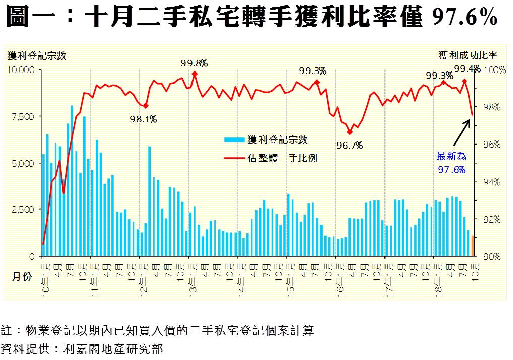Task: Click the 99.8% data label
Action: click(194, 63)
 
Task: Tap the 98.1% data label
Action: click(143, 119)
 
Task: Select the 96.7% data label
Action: click(349, 146)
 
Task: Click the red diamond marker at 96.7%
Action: click(350, 132)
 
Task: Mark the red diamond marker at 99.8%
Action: click(195, 74)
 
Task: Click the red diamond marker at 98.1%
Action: click(146, 106)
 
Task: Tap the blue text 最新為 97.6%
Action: click(451, 163)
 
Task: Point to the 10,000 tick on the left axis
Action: click(20, 69)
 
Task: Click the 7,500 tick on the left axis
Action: click(23, 116)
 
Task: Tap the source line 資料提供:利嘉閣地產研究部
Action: click(83, 348)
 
